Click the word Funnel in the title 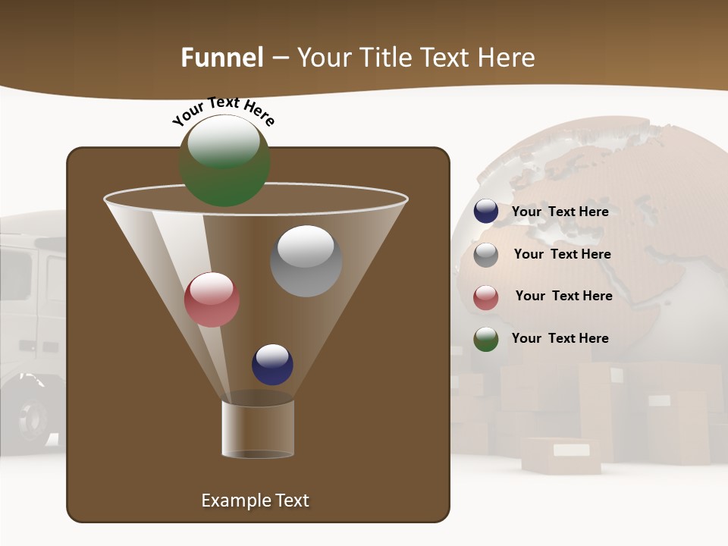(221, 58)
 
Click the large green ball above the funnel (224, 160)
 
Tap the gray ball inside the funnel (306, 261)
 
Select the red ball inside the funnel (212, 300)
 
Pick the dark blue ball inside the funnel (272, 364)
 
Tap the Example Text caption (255, 500)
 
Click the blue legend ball (486, 212)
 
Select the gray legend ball (486, 254)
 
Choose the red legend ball (486, 297)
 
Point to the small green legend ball (486, 339)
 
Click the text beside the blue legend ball (560, 212)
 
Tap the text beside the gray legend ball (562, 255)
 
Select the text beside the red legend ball (563, 297)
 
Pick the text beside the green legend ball (560, 339)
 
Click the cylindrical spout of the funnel (257, 429)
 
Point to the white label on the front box (571, 450)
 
